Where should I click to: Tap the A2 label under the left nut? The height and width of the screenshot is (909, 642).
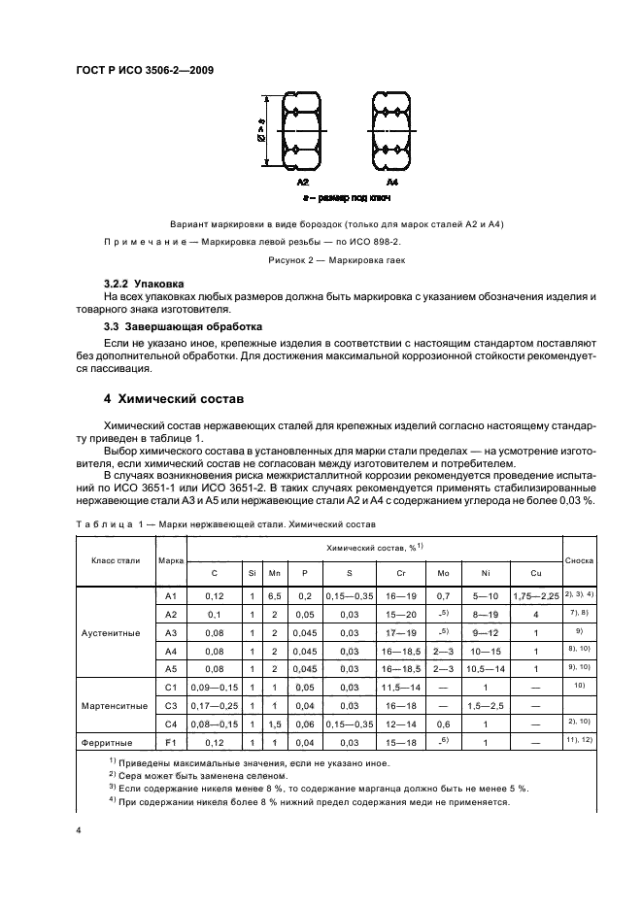(x=302, y=182)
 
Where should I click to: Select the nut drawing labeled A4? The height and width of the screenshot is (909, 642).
(x=391, y=135)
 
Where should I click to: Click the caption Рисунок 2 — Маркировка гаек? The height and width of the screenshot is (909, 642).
(x=335, y=260)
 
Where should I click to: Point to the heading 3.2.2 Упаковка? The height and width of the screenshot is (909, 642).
(x=144, y=283)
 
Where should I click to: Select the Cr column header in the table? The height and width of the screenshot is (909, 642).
(x=401, y=573)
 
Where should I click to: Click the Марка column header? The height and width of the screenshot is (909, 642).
(x=172, y=560)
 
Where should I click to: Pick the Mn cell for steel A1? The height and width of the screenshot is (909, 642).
(x=275, y=595)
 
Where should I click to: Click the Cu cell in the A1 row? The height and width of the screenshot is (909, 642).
(x=535, y=595)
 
